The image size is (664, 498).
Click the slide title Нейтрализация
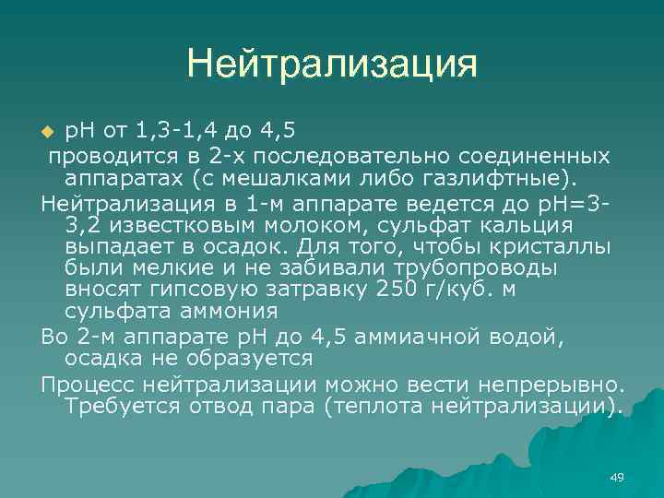click(x=332, y=64)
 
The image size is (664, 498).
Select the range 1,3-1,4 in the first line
click(x=162, y=126)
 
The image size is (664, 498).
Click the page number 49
click(x=617, y=477)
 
